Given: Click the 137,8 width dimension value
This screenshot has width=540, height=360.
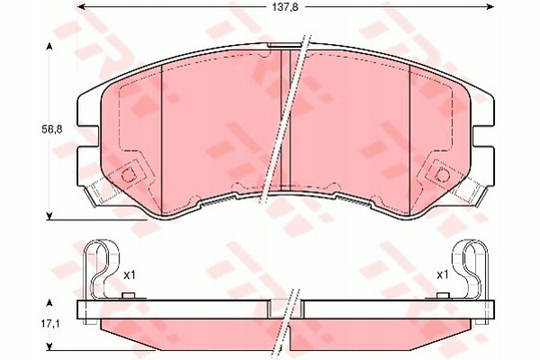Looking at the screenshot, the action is [285, 7].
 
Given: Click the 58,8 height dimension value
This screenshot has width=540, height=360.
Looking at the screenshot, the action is [52, 130].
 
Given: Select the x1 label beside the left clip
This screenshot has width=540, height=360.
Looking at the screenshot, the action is [130, 274].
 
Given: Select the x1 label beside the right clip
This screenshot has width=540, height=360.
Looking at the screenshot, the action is [443, 274].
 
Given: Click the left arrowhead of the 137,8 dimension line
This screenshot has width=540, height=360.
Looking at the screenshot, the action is [81, 6].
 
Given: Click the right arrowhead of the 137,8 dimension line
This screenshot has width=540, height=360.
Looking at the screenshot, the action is [490, 6].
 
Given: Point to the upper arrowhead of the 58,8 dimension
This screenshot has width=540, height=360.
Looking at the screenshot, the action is [49, 47].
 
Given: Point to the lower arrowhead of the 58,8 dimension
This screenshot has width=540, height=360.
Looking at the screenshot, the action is [49, 216].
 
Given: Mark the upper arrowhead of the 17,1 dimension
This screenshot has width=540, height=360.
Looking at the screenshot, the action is [49, 303].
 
